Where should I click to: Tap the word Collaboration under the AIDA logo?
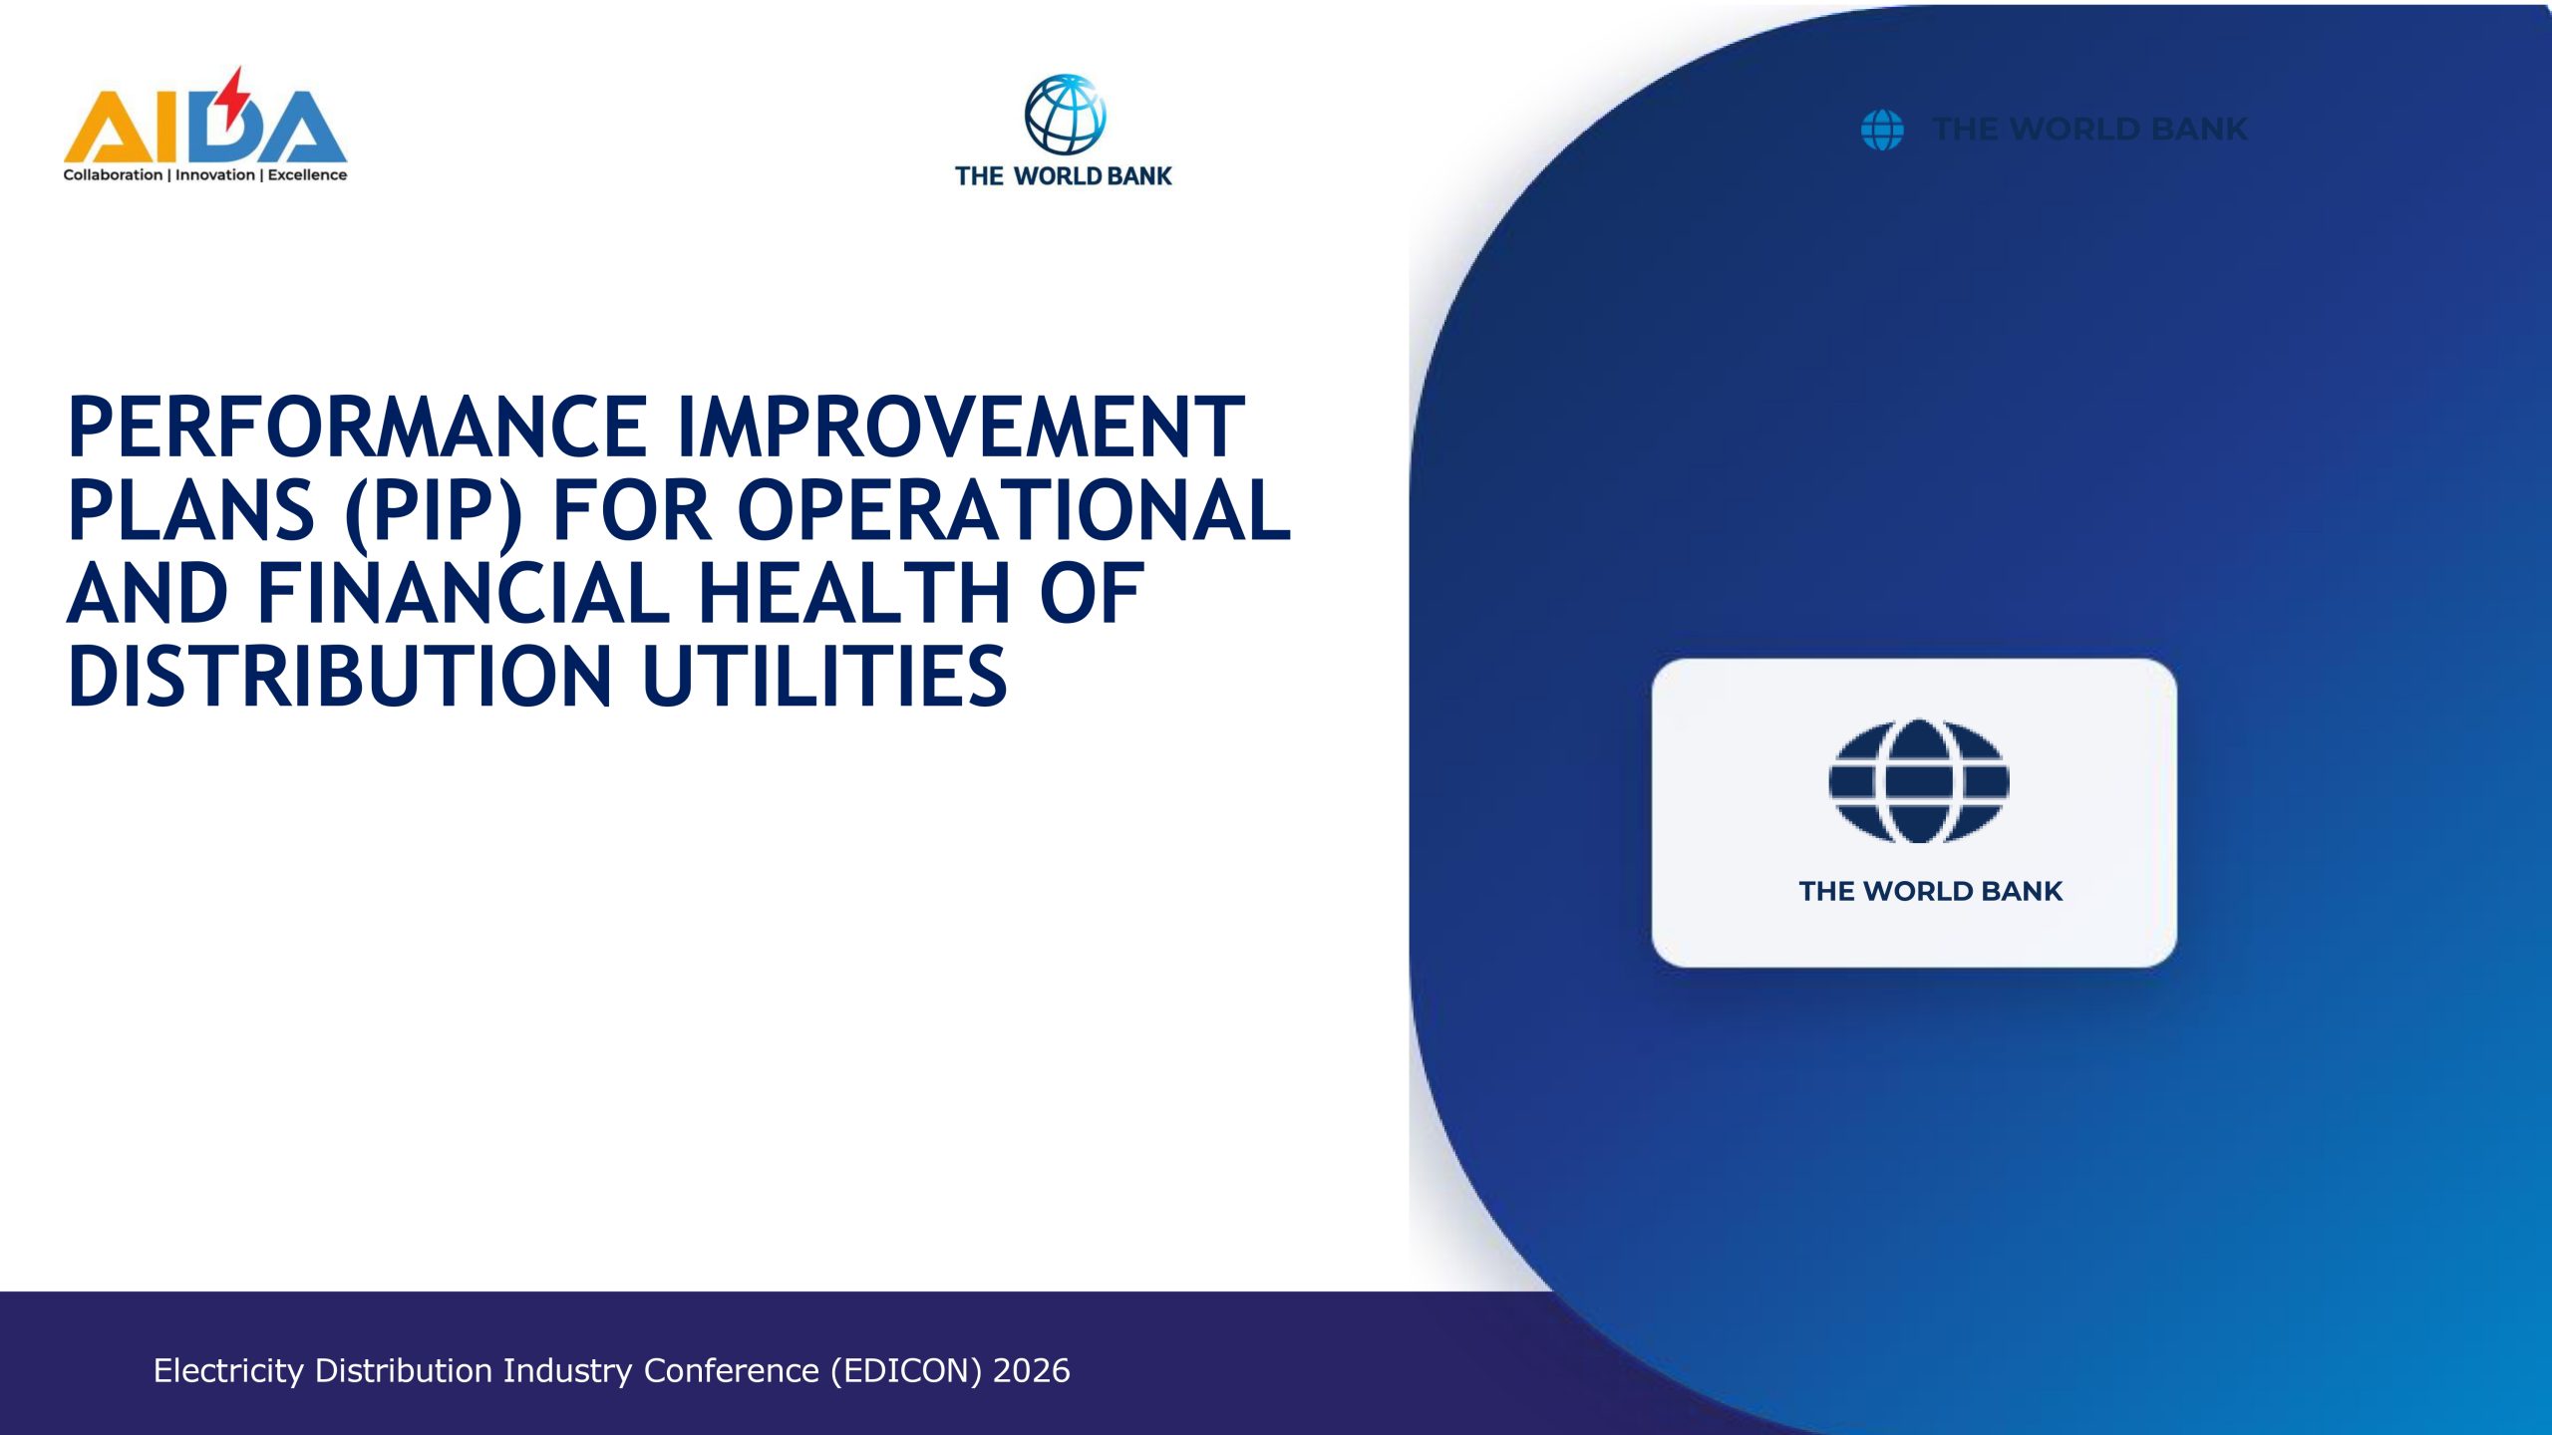(113, 175)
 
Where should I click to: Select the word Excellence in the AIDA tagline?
(307, 175)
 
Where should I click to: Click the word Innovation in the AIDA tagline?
(215, 175)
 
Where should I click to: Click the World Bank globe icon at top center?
(1065, 114)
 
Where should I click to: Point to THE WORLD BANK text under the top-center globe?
(1064, 176)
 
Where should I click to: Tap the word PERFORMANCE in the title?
(358, 428)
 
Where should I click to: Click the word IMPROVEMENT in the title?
(961, 428)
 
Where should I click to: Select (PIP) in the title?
(434, 512)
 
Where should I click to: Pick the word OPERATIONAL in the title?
(1014, 510)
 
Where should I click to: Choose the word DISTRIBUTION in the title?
(340, 677)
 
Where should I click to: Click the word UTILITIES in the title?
(824, 677)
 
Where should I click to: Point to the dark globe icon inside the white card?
(1918, 781)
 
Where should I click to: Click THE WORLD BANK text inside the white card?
(1930, 891)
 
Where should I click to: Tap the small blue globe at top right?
(1882, 130)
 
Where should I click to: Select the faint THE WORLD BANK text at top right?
(2089, 130)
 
